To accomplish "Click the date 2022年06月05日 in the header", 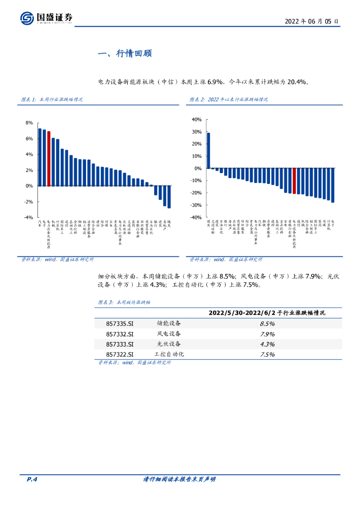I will coord(312,22).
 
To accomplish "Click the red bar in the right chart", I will coord(294,180).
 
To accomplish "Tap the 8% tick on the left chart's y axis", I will coord(29,123).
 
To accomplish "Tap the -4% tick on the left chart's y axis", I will coord(28,218).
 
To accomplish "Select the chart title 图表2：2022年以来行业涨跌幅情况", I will coord(229,99).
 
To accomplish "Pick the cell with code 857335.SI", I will coord(120,324).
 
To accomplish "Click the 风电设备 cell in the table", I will coord(169,334).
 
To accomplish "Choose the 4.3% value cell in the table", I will coord(268,344).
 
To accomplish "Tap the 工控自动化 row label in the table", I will coord(169,354).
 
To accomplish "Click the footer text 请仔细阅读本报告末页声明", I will coord(179,479).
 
